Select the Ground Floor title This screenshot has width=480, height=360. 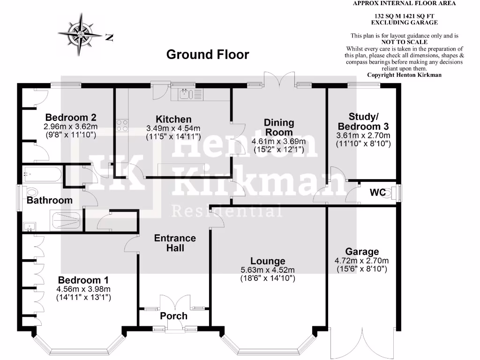point(208,55)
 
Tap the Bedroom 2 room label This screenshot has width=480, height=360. point(71,118)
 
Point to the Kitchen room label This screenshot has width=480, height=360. point(173,120)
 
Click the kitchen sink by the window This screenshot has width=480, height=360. point(186,95)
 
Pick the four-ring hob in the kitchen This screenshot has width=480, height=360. point(122,125)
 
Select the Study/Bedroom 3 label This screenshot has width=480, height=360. point(363,121)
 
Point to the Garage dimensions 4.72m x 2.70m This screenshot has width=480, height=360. point(362,261)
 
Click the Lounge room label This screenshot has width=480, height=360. point(268,261)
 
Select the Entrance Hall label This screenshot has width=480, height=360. point(175,243)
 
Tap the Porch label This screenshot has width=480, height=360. point(173,316)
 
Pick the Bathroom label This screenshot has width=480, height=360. point(49,200)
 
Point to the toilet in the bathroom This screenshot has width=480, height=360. point(32,192)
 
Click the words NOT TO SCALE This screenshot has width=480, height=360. point(404,42)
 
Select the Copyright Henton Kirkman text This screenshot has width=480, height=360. point(404,75)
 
